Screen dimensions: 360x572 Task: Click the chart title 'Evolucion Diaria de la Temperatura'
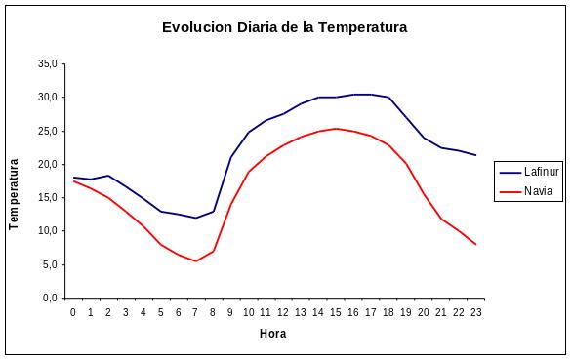[x=284, y=28]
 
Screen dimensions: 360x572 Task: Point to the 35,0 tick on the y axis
[x=48, y=64]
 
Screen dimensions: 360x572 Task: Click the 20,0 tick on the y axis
[x=48, y=164]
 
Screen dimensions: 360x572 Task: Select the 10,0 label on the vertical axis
[x=48, y=231]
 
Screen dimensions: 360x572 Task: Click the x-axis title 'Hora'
[x=272, y=334]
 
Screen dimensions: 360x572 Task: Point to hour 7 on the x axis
[x=196, y=312]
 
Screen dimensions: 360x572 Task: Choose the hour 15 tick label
[x=336, y=312]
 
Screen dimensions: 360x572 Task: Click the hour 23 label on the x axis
[x=475, y=312]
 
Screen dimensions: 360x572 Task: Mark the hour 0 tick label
[x=73, y=312]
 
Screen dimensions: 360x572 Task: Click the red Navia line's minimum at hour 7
[x=196, y=260]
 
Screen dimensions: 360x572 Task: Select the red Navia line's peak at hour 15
[x=336, y=129]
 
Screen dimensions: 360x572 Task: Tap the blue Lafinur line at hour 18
[x=388, y=98]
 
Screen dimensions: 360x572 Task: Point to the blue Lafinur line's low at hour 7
[x=196, y=218]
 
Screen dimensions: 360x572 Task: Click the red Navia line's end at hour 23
[x=475, y=244]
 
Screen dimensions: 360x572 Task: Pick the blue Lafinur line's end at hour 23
[x=475, y=155]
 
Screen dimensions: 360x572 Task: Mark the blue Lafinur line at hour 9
[x=231, y=157]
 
